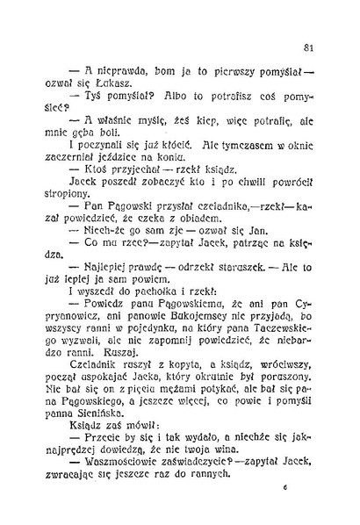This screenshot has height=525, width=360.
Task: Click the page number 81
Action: (308, 46)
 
